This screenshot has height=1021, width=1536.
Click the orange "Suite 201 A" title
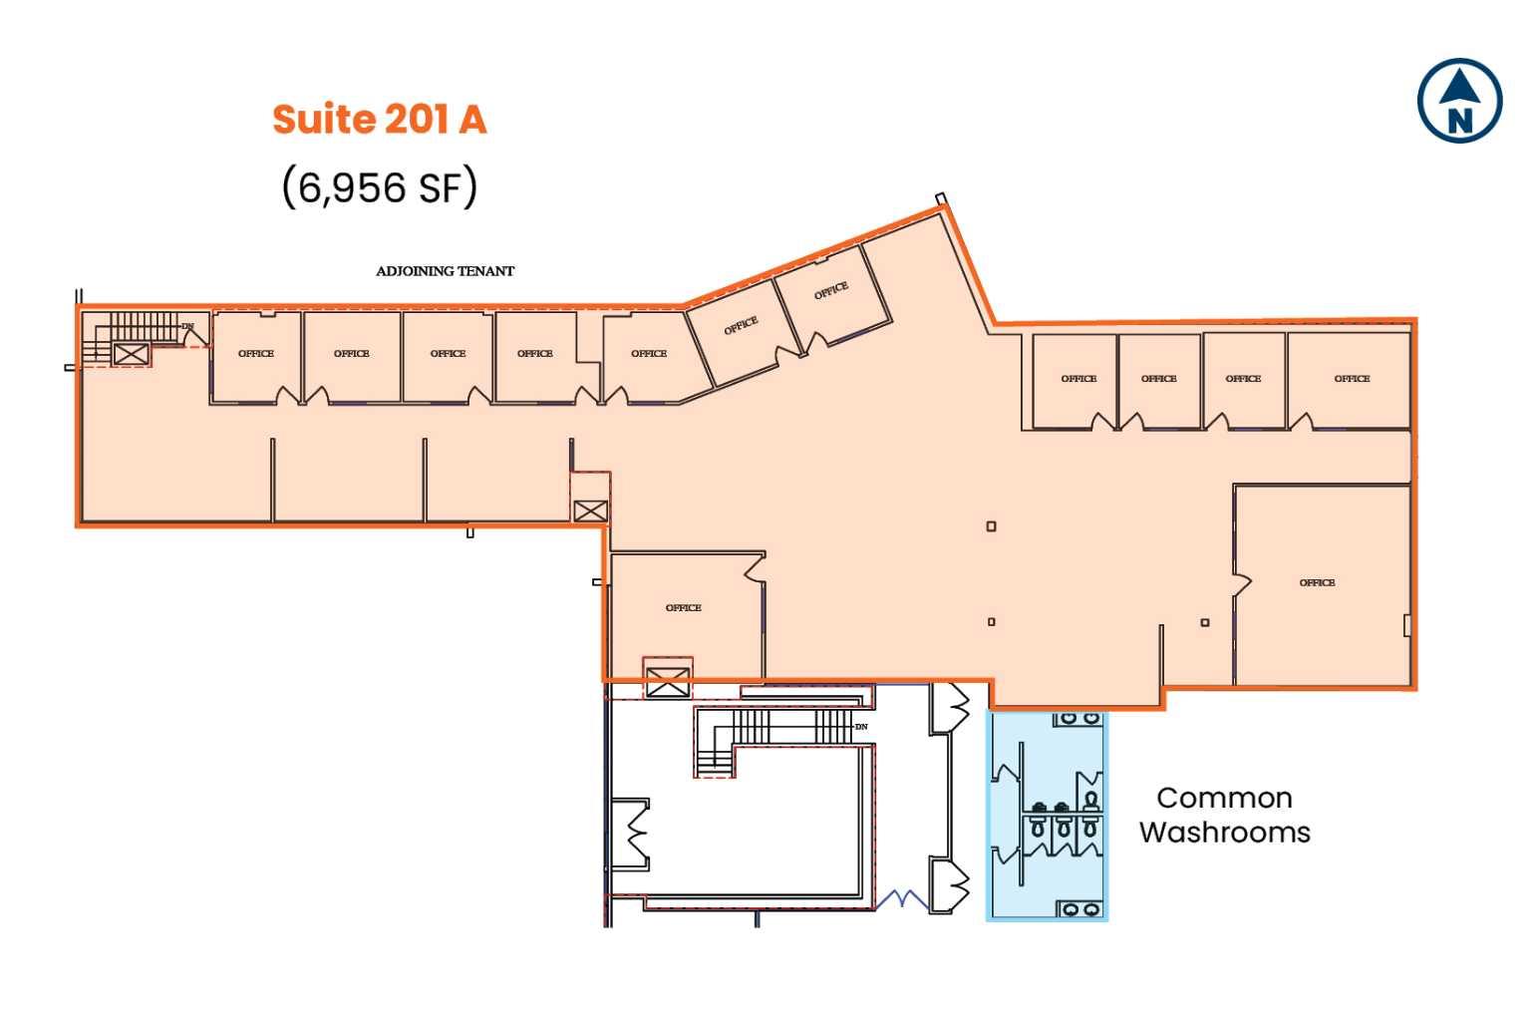click(380, 119)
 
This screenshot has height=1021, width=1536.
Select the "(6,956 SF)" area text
click(380, 186)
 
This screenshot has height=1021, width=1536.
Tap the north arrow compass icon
click(1459, 101)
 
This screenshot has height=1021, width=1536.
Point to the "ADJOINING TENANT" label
click(445, 271)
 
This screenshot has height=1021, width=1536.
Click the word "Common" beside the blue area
click(1224, 798)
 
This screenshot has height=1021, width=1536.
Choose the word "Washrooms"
click(1224, 832)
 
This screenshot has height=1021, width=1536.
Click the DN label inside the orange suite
click(187, 326)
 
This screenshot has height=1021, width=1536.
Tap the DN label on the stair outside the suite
click(861, 727)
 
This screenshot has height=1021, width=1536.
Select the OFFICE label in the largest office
click(1317, 582)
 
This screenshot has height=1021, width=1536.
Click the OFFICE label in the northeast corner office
click(1352, 379)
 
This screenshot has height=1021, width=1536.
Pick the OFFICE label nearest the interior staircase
click(256, 354)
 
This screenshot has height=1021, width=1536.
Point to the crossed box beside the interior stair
click(131, 353)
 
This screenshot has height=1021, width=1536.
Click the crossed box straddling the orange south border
click(667, 682)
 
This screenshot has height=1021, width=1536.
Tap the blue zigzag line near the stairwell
click(902, 898)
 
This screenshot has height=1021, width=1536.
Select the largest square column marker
click(991, 526)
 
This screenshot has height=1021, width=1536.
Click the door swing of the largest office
click(1242, 585)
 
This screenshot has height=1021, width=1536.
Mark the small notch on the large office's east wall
click(1407, 625)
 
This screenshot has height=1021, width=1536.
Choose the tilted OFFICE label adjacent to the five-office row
click(741, 325)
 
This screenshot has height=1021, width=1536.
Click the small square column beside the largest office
click(1205, 623)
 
